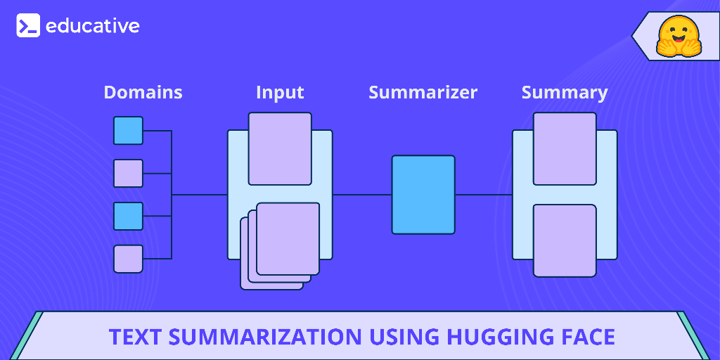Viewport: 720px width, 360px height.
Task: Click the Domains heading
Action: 143,92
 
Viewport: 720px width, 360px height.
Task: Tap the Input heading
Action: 280,92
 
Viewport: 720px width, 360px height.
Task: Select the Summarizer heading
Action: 423,92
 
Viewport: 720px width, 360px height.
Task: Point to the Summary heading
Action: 565,92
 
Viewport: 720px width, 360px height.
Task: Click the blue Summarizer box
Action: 423,194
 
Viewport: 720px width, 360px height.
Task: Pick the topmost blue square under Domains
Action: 128,131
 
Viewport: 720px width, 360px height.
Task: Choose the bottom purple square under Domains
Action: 128,259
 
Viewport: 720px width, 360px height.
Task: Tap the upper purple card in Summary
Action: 565,148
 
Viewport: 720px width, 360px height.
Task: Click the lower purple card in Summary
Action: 565,240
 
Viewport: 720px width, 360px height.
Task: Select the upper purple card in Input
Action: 280,148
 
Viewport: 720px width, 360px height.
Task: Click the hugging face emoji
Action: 679,36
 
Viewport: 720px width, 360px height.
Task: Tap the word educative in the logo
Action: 93,27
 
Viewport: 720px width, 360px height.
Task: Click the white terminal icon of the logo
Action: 28,27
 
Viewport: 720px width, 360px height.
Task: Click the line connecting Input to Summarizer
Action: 361,194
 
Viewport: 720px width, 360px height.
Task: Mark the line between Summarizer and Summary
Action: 483,194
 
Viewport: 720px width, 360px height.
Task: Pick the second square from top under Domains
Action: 128,173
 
